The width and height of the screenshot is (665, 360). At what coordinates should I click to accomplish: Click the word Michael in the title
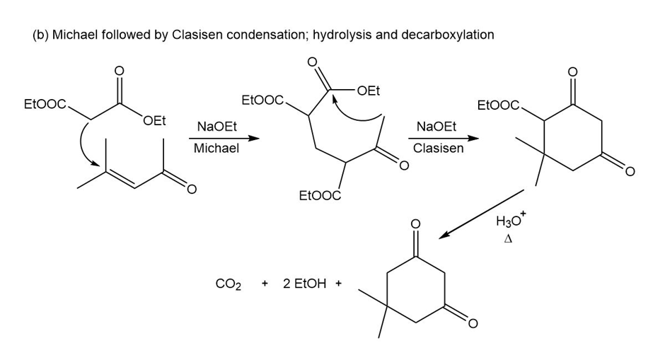[71, 35]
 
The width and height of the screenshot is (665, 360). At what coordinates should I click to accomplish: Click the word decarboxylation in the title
[447, 35]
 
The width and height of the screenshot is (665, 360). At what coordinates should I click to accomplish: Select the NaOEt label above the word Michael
[216, 127]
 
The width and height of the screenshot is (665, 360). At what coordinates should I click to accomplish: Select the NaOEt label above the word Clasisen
[436, 127]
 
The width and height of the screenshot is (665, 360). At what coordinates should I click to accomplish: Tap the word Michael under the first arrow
[216, 149]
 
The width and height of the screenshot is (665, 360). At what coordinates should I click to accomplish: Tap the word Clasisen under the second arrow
[439, 149]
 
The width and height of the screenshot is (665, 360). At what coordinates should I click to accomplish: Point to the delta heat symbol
[507, 240]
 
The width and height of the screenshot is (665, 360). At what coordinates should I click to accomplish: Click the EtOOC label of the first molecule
[45, 105]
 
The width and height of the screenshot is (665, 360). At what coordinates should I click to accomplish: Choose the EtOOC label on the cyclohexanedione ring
[499, 107]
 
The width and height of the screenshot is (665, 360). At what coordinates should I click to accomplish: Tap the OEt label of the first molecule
[154, 121]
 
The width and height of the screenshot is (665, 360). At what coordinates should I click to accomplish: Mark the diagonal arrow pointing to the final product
[481, 214]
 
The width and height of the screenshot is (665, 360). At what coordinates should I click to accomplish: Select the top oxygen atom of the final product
[416, 226]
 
